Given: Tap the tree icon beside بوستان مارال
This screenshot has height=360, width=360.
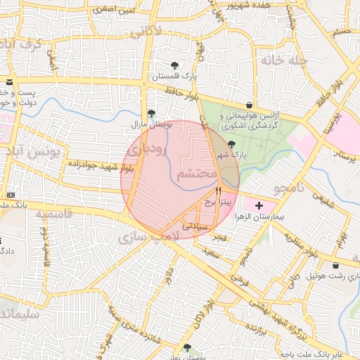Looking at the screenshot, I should point(151,113).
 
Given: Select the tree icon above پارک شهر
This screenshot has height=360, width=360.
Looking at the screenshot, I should point(232,144).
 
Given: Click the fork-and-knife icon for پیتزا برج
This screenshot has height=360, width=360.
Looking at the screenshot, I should point(219,191).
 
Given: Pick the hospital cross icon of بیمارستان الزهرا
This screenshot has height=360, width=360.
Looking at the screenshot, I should point(260,206).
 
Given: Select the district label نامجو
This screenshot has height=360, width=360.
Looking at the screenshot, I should point(288,188).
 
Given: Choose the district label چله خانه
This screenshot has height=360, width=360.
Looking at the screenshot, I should point(284,60).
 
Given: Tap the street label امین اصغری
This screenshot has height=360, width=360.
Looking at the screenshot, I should point(115,11).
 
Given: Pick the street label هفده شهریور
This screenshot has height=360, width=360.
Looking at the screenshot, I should point(245,4).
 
